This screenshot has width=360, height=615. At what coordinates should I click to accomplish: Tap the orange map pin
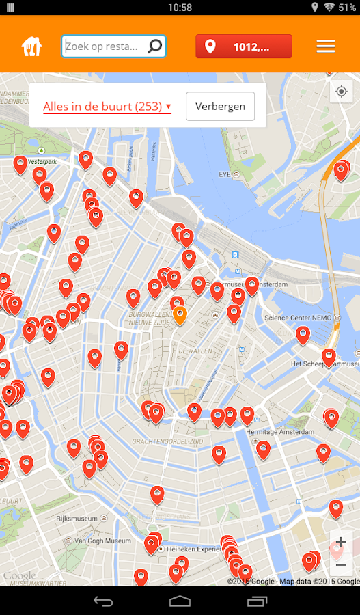(180, 315)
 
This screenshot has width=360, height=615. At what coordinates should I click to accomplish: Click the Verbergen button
(220, 107)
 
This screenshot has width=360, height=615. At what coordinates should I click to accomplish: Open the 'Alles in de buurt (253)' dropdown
(107, 107)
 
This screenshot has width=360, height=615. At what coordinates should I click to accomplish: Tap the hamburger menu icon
(326, 46)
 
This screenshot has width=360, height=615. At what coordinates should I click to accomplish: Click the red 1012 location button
(244, 46)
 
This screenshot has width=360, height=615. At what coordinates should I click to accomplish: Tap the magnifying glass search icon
(155, 46)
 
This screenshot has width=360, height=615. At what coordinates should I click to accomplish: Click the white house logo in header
(32, 46)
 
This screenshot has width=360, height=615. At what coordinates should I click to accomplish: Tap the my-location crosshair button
(341, 92)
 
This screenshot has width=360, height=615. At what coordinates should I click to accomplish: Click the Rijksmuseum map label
(79, 519)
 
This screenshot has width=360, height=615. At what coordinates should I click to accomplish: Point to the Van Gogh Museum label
(102, 541)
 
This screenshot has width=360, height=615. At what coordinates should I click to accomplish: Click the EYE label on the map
(224, 174)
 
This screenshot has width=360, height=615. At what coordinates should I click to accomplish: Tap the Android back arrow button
(103, 601)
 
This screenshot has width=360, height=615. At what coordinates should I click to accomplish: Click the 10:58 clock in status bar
(180, 8)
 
